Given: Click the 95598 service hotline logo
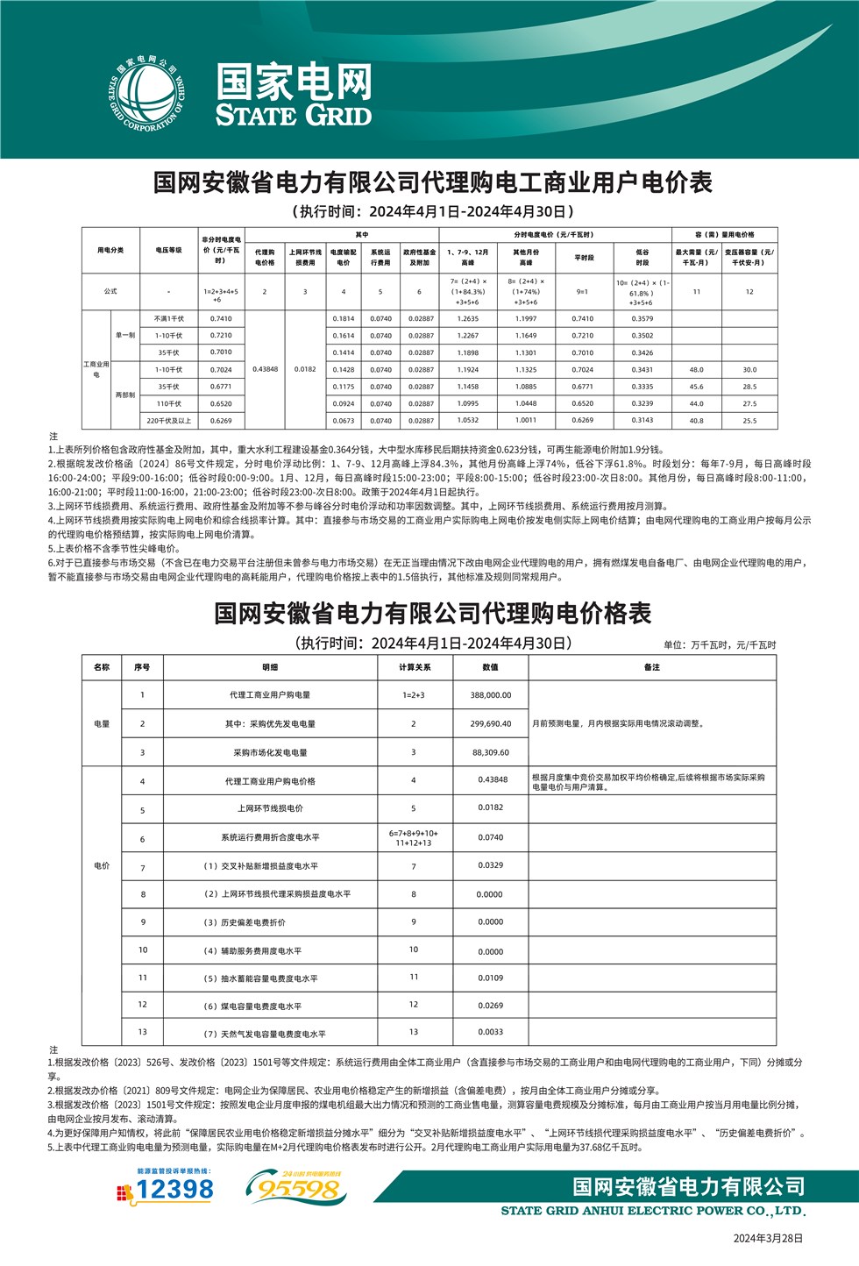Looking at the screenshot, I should tap(297, 1188).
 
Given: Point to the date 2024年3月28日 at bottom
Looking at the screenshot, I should tap(768, 1238).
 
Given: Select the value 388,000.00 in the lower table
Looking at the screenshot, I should tap(490, 695).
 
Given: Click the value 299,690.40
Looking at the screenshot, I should tap(490, 724).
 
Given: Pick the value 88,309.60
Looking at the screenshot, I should tap(490, 752).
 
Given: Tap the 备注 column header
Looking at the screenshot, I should tap(651, 667).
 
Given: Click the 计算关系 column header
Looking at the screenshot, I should tap(414, 667).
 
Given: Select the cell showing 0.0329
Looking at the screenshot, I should tap(490, 866).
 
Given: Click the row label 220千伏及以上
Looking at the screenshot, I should tap(168, 421).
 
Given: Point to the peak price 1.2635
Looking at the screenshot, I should tap(468, 319).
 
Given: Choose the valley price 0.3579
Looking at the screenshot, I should tap(642, 319).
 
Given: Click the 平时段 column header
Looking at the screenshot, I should tap(583, 258).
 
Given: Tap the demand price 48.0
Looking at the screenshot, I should tap(696, 370).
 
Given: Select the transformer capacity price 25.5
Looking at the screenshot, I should tap(749, 421).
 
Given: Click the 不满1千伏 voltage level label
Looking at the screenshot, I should tap(168, 319).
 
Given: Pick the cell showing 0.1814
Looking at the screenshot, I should tap(344, 319).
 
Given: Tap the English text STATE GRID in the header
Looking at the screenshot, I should tap(294, 116).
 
